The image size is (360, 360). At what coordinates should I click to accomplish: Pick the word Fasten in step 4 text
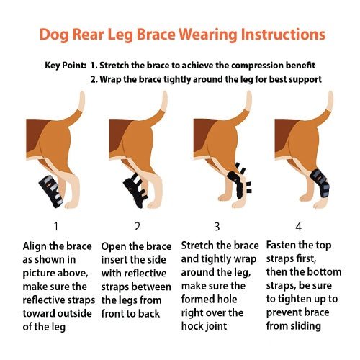tap(286, 245)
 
